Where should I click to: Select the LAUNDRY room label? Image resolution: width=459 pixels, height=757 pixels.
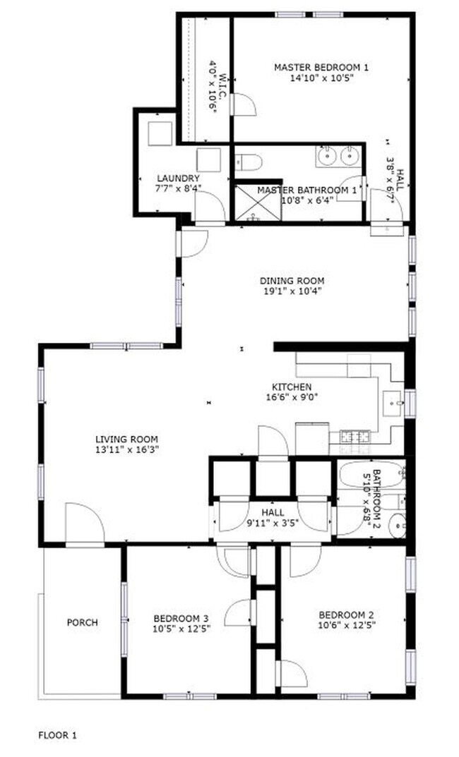point(178,178)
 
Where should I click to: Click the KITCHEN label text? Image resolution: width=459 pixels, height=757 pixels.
point(292,387)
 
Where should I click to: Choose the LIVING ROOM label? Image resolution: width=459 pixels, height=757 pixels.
point(128,439)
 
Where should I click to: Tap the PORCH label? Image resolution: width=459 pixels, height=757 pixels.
point(82,622)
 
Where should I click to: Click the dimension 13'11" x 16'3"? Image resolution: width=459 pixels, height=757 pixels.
point(128,449)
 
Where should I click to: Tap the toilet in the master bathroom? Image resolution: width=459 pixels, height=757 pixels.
point(249,163)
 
